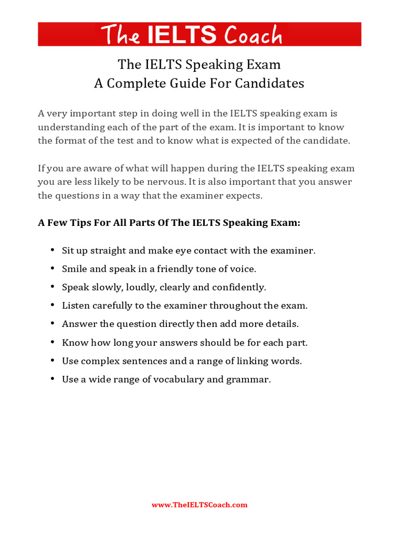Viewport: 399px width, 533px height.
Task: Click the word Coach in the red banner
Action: (x=254, y=35)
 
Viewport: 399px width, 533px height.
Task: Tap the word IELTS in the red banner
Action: (x=182, y=35)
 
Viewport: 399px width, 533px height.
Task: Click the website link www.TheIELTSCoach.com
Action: (x=199, y=505)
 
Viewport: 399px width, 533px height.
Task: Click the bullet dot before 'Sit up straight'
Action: (x=52, y=250)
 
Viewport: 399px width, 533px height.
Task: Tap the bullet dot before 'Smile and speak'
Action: (x=52, y=269)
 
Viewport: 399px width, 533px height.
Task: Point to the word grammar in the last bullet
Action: (x=248, y=379)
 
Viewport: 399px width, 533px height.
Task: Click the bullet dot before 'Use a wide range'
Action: (x=52, y=379)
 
